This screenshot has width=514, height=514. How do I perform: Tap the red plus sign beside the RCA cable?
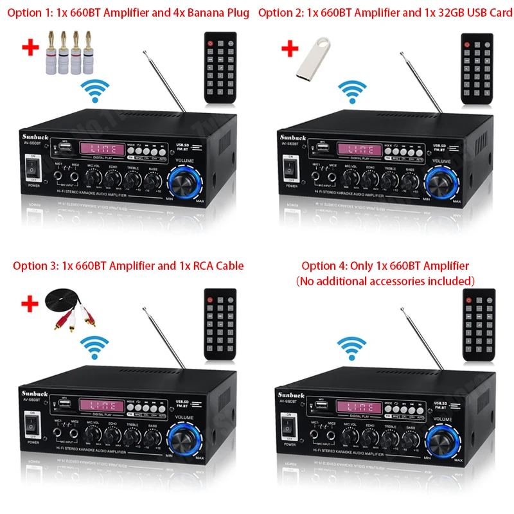pos(28,303)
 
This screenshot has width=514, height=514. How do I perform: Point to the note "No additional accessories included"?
pos(385,281)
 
